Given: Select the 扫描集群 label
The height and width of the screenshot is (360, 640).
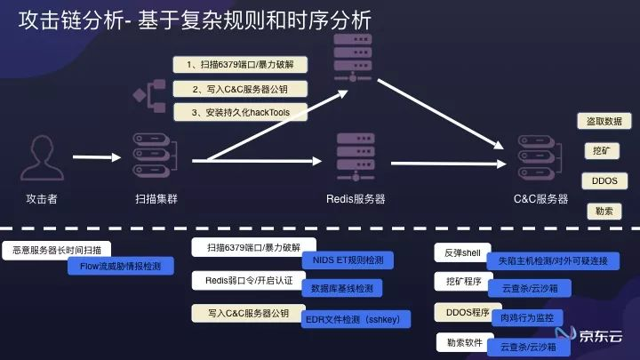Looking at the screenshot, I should coord(156,200).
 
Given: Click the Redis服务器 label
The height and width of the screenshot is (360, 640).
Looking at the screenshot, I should coord(356,200).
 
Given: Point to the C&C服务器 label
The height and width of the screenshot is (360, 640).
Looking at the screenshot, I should coord(540,200).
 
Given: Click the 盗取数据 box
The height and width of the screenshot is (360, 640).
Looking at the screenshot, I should coord(604,121).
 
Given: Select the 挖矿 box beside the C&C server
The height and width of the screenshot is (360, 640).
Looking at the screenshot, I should coord(600,150).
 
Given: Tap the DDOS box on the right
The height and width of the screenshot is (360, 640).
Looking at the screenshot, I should coord(604,180).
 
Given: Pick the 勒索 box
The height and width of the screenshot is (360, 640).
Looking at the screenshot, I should coord(604,211).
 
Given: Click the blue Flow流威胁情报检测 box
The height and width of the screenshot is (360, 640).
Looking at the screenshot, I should coord(121,265).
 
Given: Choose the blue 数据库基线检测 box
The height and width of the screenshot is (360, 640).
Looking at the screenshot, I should coord(342,288).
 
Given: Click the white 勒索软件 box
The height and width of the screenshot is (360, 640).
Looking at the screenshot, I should coord(462,342).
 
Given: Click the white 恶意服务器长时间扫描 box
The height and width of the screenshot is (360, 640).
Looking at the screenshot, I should coord(57,250).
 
